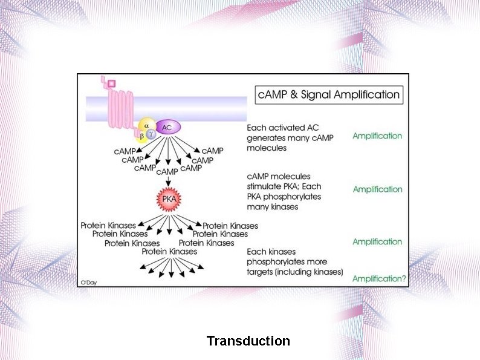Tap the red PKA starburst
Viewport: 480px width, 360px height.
[x=169, y=198]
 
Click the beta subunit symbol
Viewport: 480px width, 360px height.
[x=141, y=136]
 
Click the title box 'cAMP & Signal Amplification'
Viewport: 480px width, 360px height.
[x=329, y=94]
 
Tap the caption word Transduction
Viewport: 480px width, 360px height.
[x=248, y=341]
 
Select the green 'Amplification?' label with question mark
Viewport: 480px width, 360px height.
[x=380, y=279]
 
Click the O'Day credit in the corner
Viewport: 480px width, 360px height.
[x=88, y=281]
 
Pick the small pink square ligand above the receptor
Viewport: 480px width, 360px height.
[x=111, y=83]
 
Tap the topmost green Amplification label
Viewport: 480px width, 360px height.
[x=377, y=136]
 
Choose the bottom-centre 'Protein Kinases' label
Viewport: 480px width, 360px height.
[x=169, y=251]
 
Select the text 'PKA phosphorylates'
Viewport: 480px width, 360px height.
[x=284, y=197]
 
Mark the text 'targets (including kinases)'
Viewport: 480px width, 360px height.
[x=294, y=272]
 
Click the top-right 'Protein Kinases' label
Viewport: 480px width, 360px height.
[x=230, y=226]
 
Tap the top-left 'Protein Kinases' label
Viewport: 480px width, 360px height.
[x=108, y=226]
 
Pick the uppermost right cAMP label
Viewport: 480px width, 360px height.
[x=212, y=150]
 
